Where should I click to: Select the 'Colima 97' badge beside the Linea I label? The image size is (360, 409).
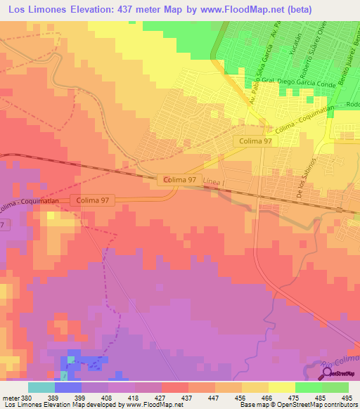coord(176,180)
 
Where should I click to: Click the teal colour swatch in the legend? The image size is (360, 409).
coord(41,387)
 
